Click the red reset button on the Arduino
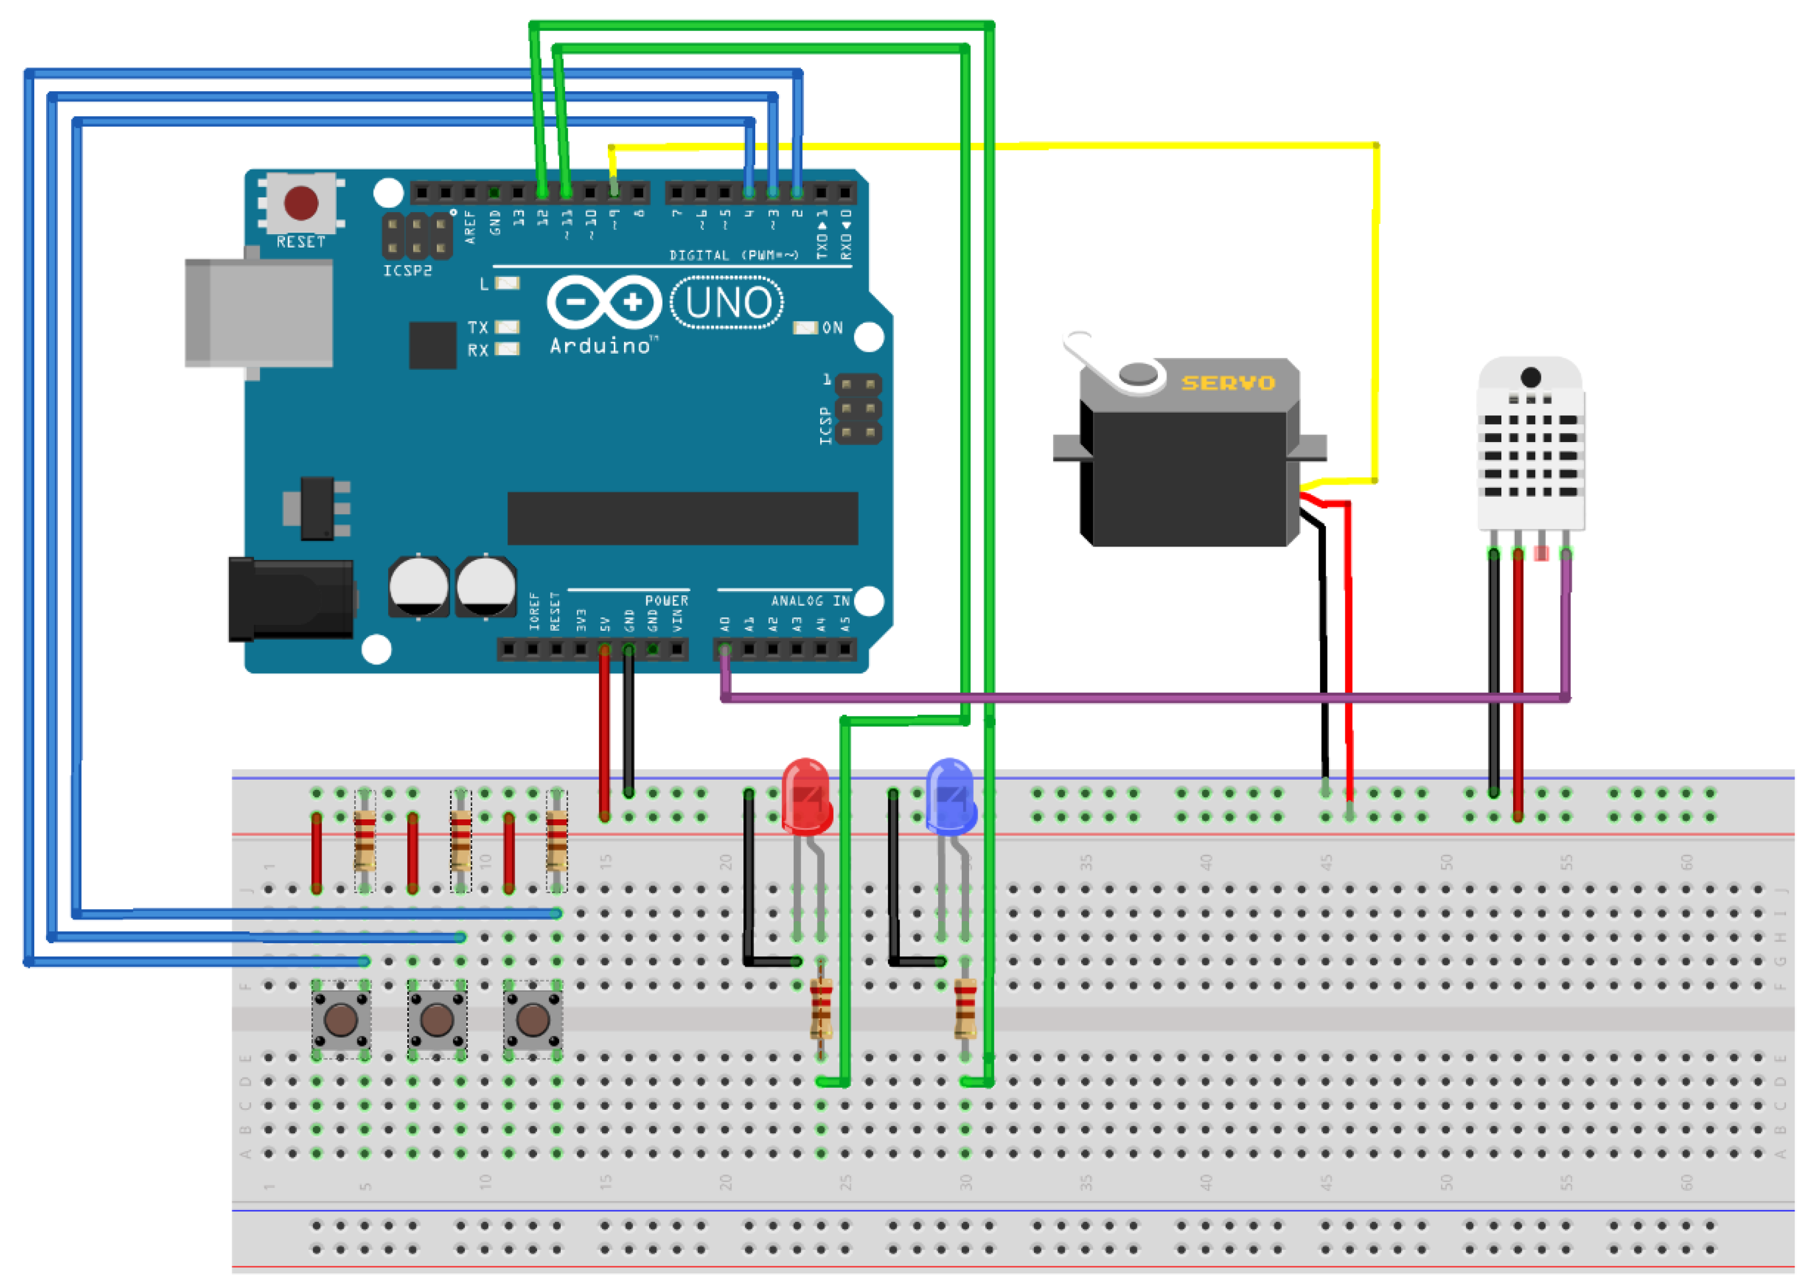coord(301,203)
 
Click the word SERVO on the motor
coord(1227,384)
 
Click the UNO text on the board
coord(727,303)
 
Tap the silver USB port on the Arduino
coord(258,312)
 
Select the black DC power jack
coord(291,599)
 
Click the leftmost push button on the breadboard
coord(341,1020)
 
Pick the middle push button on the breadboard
coord(436,1020)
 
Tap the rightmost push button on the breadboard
coord(532,1020)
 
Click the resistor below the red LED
coord(821,1008)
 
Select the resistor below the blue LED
coord(965,1008)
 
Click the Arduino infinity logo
coord(604,302)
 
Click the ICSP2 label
coord(407,271)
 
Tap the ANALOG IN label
coord(810,601)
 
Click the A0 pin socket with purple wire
coord(725,650)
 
